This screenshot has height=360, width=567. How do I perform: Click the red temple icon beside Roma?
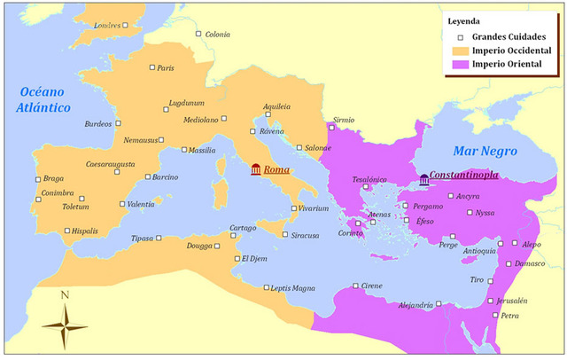256,169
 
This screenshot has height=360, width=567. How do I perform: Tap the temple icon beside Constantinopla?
424,179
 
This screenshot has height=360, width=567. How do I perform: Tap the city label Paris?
166,68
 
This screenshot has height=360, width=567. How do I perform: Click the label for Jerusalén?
509,301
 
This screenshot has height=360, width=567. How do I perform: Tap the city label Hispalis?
85,231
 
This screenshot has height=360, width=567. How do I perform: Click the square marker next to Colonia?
198,35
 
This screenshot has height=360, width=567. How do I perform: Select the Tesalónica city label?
370,179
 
